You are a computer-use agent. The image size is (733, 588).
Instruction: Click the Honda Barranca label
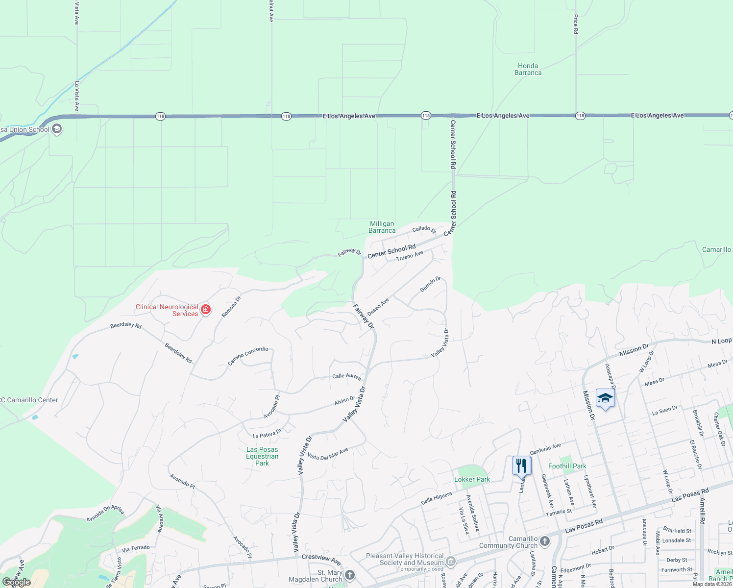coord(528,69)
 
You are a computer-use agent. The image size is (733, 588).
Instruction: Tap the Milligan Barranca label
coord(382,227)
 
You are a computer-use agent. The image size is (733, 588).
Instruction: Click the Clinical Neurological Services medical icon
coord(206,310)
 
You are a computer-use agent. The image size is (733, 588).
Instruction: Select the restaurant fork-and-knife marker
coord(521,465)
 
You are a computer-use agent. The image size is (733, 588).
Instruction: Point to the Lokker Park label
coord(472,479)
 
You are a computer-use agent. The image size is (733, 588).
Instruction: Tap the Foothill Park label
coord(567,466)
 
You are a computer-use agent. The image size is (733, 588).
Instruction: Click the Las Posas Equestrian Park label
coord(262,456)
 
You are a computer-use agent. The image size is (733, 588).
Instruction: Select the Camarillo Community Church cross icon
coord(545,541)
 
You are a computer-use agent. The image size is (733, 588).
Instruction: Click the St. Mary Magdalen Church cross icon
coord(350,574)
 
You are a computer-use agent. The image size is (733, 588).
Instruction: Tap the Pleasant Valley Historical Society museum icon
coord(451,561)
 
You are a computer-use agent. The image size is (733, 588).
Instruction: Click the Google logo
coord(17,582)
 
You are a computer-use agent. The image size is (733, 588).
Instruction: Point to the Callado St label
coord(424,229)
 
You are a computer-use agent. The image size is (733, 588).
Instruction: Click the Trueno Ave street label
coord(410,256)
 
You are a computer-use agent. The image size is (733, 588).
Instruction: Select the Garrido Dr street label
coord(430,285)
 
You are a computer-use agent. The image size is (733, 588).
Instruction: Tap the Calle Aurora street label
coord(346,376)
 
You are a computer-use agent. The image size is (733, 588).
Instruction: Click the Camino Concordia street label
coord(248,356)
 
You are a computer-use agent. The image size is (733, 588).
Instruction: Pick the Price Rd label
coord(576,24)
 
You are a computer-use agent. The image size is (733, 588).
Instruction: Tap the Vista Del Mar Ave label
coord(327,454)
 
